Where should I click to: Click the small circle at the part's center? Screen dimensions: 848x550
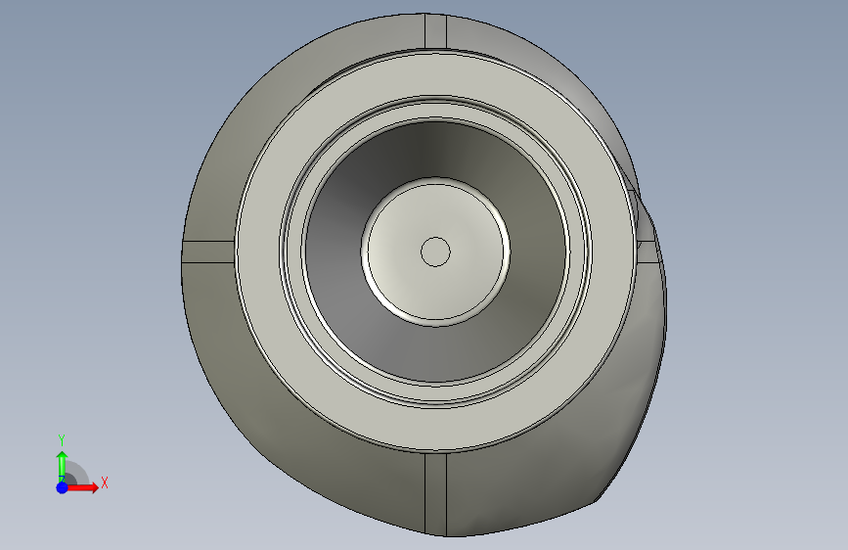click(x=435, y=252)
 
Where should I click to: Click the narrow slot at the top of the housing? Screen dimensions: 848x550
click(x=435, y=31)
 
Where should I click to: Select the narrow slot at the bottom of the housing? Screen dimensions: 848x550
click(x=435, y=494)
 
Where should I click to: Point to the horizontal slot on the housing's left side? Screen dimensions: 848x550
click(x=208, y=252)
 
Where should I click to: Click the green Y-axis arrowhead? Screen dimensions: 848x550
click(x=63, y=456)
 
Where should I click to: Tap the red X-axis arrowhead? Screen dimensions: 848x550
click(x=93, y=487)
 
